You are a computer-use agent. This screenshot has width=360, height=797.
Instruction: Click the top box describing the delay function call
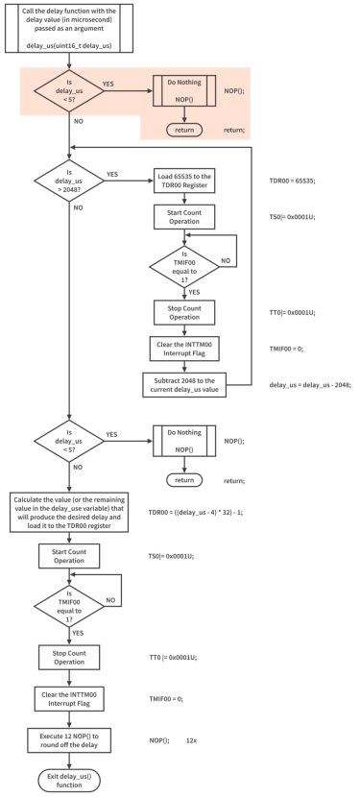click(x=70, y=29)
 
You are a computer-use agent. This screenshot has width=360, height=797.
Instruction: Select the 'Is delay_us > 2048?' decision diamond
click(x=70, y=180)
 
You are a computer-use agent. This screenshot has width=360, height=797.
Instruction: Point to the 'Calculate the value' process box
click(x=69, y=512)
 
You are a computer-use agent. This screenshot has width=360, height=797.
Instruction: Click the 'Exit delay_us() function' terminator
click(x=70, y=777)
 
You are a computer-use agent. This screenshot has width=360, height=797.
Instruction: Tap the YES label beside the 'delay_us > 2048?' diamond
click(x=112, y=174)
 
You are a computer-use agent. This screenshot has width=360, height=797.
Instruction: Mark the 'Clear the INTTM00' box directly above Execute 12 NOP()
click(x=70, y=700)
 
